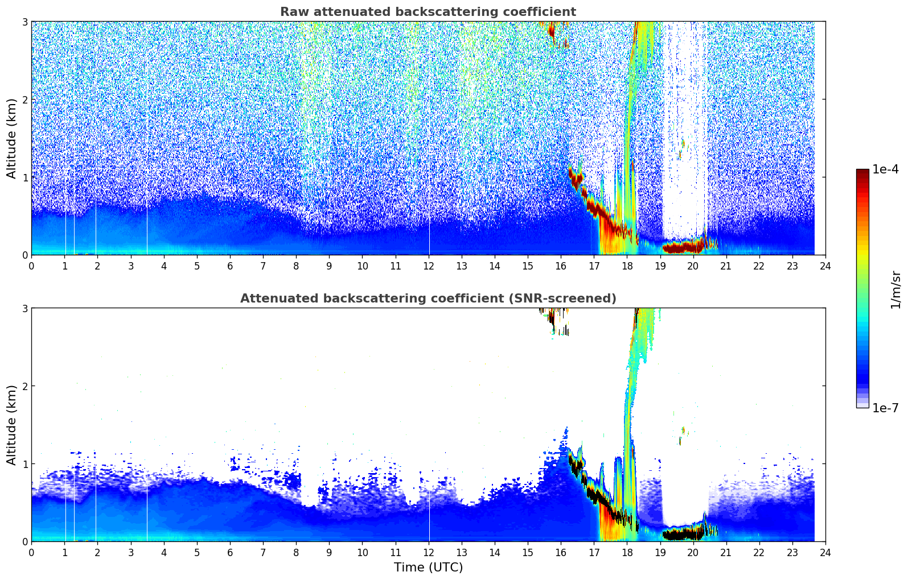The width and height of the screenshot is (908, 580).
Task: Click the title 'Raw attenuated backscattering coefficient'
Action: (x=428, y=12)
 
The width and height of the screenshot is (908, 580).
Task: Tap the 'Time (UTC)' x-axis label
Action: (x=428, y=567)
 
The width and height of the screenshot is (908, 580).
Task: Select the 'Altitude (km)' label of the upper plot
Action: (x=12, y=138)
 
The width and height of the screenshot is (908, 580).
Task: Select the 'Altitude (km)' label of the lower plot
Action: (x=12, y=425)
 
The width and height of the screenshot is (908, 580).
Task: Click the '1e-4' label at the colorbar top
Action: (x=885, y=169)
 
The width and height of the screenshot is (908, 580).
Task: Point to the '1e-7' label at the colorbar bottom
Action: (x=885, y=408)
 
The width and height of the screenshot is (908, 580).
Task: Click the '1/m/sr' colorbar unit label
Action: (x=895, y=289)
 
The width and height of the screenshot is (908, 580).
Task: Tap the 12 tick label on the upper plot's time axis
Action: (x=428, y=266)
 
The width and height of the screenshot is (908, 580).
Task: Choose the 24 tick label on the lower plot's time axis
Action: (x=825, y=553)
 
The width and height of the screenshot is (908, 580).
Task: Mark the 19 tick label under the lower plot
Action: (x=660, y=553)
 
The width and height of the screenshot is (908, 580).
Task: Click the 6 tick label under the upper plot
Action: (x=230, y=266)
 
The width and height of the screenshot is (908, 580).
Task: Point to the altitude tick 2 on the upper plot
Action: (x=25, y=100)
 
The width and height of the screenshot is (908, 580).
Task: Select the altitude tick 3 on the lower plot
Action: (x=25, y=308)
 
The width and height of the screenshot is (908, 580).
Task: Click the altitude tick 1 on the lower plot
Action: (x=25, y=464)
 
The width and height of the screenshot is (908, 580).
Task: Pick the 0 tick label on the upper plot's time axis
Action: (x=31, y=266)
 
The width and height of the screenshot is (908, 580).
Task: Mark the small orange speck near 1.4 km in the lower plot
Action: (x=683, y=430)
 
